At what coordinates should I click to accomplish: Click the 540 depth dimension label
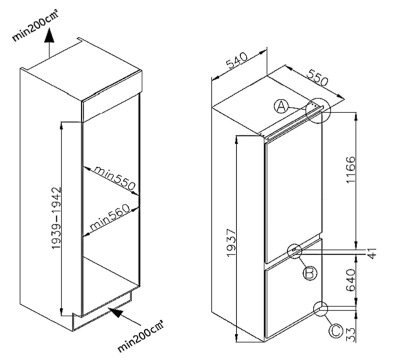(237, 60)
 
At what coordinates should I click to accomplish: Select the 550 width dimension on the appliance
(317, 77)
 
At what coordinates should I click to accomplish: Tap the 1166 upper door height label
(350, 170)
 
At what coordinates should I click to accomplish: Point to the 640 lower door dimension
(350, 280)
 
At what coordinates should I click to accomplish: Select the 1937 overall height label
(231, 242)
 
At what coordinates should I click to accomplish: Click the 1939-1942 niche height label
(56, 218)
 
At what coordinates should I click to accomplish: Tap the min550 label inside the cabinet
(115, 178)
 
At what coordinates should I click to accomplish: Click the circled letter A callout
(281, 106)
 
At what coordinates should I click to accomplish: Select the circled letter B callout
(310, 272)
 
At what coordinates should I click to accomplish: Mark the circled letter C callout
(336, 331)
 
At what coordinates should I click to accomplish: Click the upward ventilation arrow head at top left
(49, 35)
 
